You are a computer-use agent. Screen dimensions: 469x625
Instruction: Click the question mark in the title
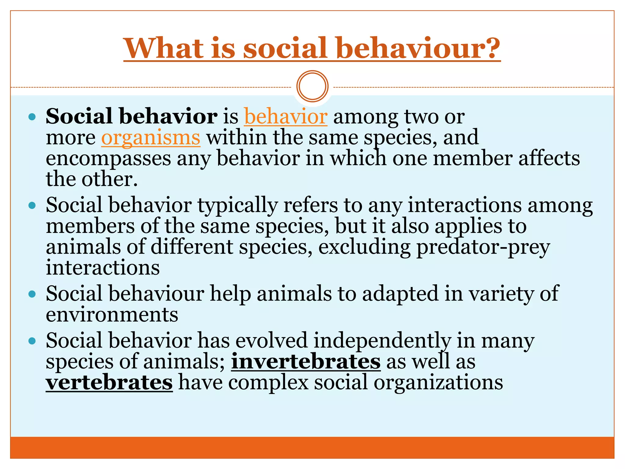pos(490,48)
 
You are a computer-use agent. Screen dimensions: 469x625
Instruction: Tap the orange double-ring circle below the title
pos(312,86)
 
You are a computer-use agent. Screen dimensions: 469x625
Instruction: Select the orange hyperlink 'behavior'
pos(286,117)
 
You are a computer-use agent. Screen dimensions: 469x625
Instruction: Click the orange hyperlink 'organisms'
pos(151,138)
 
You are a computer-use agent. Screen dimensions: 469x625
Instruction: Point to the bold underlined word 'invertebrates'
pos(306,362)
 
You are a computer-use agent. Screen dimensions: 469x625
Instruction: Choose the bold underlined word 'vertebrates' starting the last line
pos(109,383)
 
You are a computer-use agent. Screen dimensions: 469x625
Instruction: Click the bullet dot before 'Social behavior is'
pos(32,117)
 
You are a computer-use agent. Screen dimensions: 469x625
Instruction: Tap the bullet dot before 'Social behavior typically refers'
pos(32,205)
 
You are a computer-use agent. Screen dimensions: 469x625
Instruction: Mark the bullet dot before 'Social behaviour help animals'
pos(32,294)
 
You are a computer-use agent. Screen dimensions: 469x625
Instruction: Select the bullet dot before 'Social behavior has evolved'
pos(32,341)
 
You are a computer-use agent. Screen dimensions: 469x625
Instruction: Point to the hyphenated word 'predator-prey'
pos(483,247)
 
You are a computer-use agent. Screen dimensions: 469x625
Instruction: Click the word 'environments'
pos(112,315)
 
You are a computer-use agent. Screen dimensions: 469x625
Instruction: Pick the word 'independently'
pos(382,341)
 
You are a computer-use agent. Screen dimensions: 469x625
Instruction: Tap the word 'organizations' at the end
pos(438,383)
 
